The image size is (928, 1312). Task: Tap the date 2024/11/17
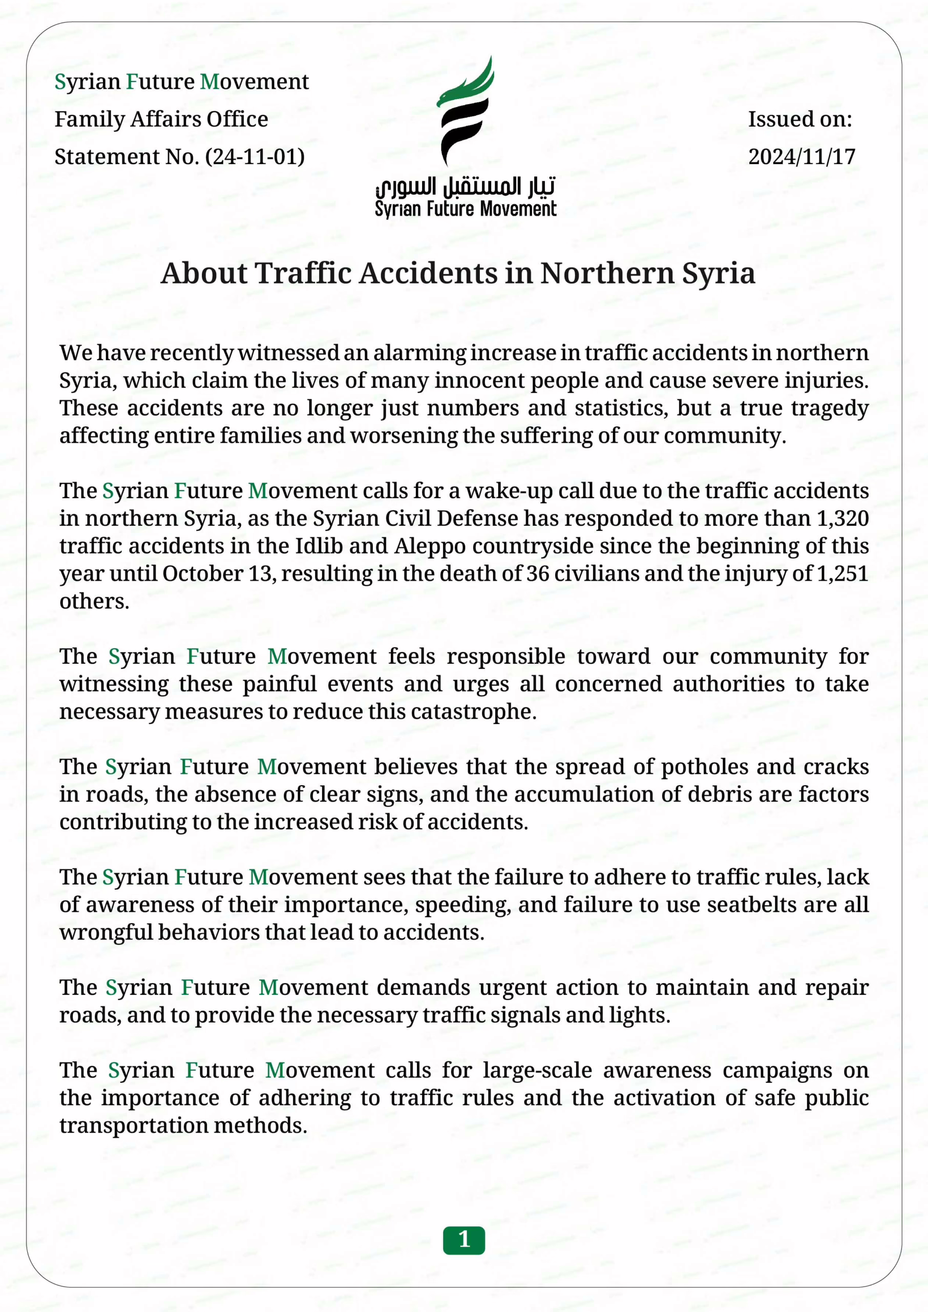801,157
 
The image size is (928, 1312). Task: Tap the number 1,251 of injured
842,573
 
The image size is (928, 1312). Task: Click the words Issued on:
799,119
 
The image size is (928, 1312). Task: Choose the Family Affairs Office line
161,119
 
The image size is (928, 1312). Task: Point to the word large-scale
537,1070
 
